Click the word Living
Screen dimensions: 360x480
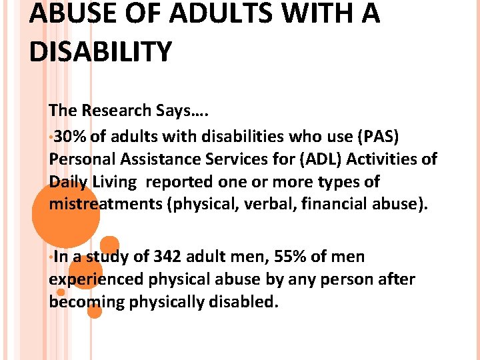pyautogui.click(x=116, y=181)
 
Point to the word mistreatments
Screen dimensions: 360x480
pyautogui.click(x=108, y=203)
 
